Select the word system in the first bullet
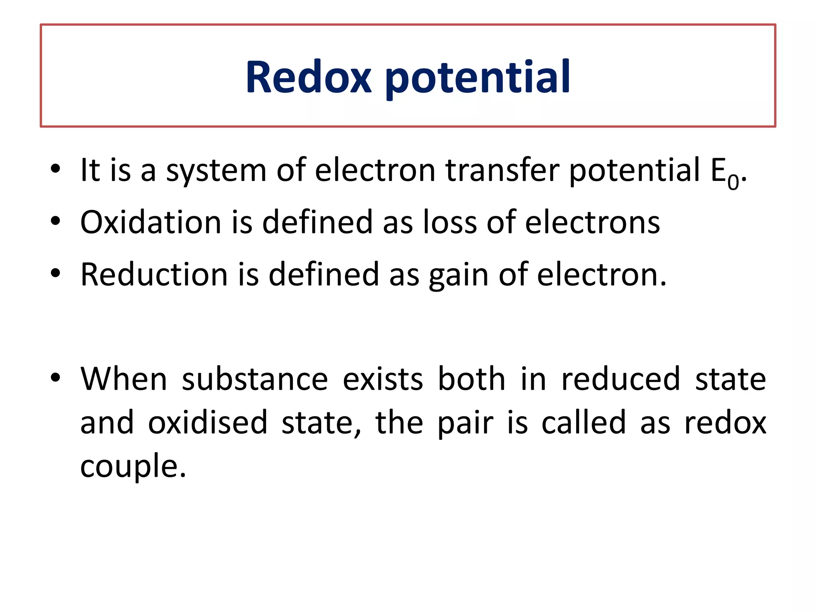click(x=216, y=171)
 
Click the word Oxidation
click(x=151, y=222)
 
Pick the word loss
click(x=450, y=222)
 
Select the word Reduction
click(x=154, y=275)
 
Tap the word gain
click(x=458, y=276)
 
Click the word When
click(x=124, y=379)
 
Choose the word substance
click(x=255, y=379)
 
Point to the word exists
click(x=382, y=379)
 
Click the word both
click(x=472, y=379)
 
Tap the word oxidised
click(x=208, y=422)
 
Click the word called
click(x=583, y=422)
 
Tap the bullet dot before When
click(x=55, y=377)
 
